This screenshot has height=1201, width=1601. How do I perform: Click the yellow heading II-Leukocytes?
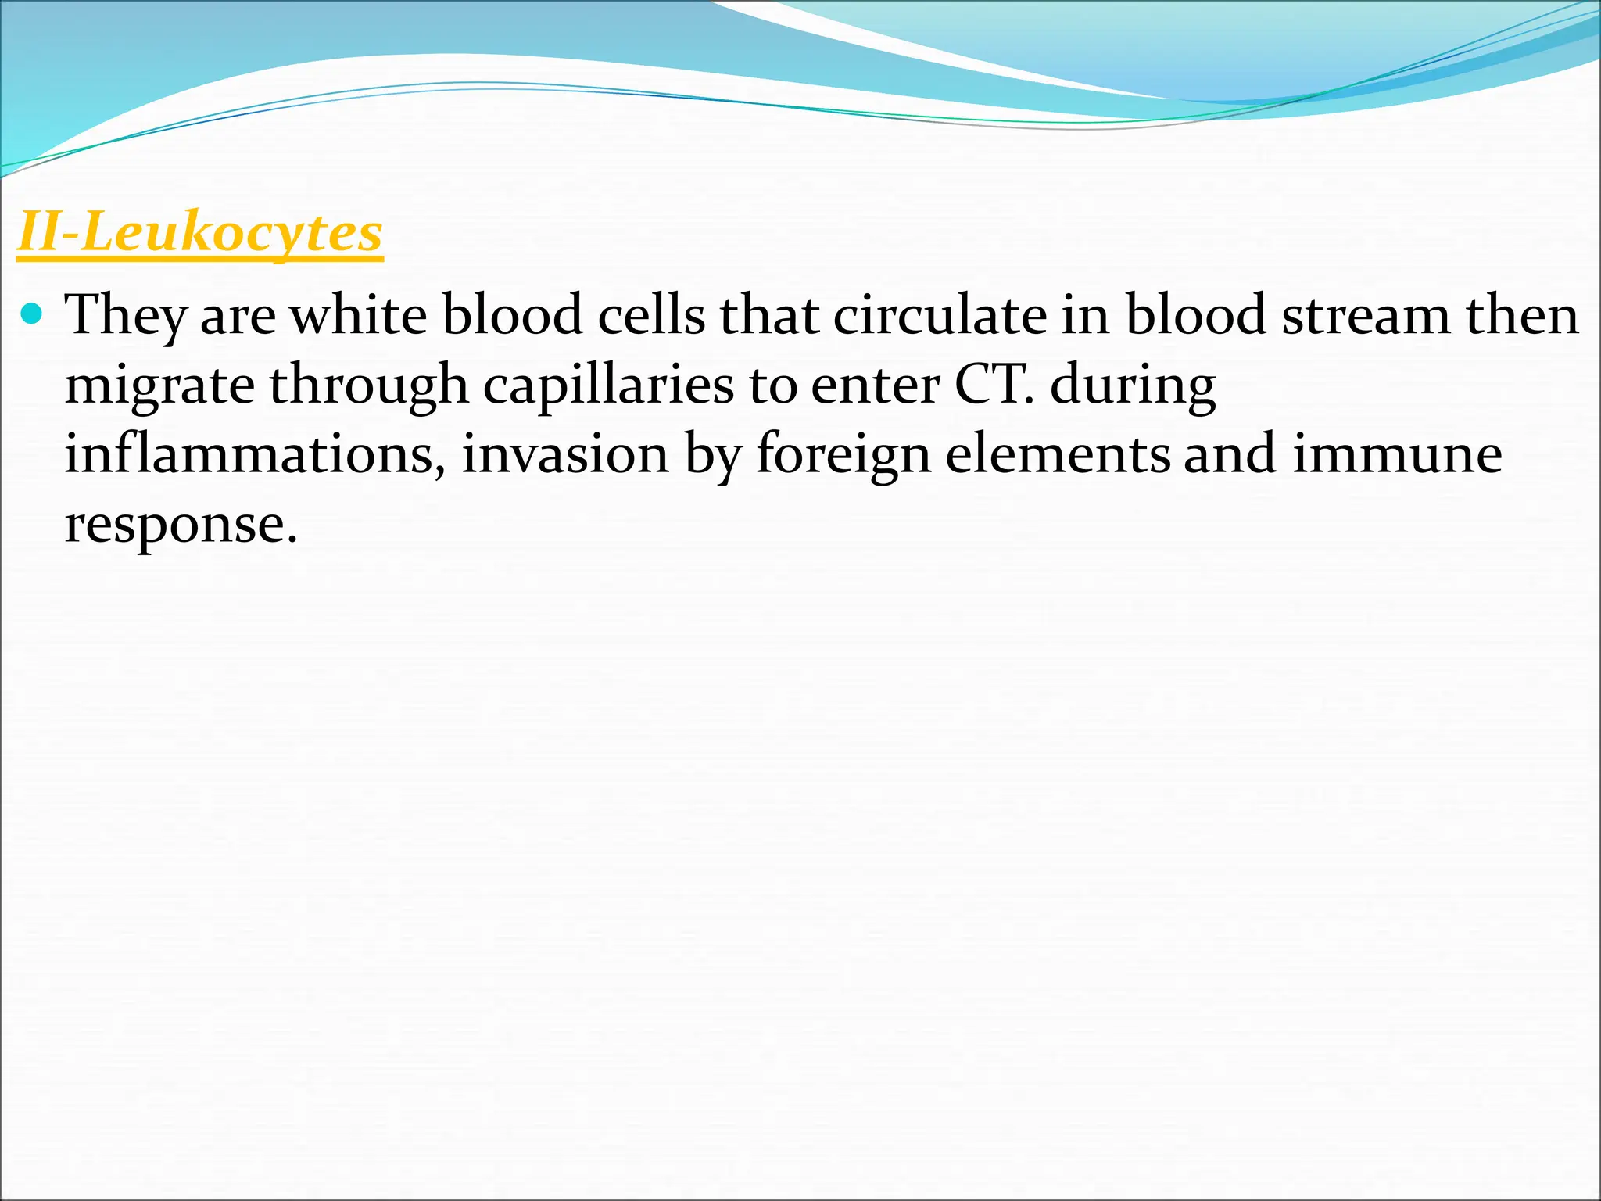[200, 233]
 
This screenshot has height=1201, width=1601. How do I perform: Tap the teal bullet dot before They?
[31, 314]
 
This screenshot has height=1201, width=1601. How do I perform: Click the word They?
[125, 316]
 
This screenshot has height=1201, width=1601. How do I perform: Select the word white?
[359, 314]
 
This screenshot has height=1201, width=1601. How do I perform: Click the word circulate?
[939, 314]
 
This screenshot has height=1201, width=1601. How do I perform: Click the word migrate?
[159, 386]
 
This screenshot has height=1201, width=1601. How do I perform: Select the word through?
[368, 386]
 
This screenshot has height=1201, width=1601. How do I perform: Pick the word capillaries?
[608, 386]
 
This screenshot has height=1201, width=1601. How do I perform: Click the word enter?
[875, 386]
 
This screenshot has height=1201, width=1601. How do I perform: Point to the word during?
[1133, 386]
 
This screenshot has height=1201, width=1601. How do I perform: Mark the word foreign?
[843, 455]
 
